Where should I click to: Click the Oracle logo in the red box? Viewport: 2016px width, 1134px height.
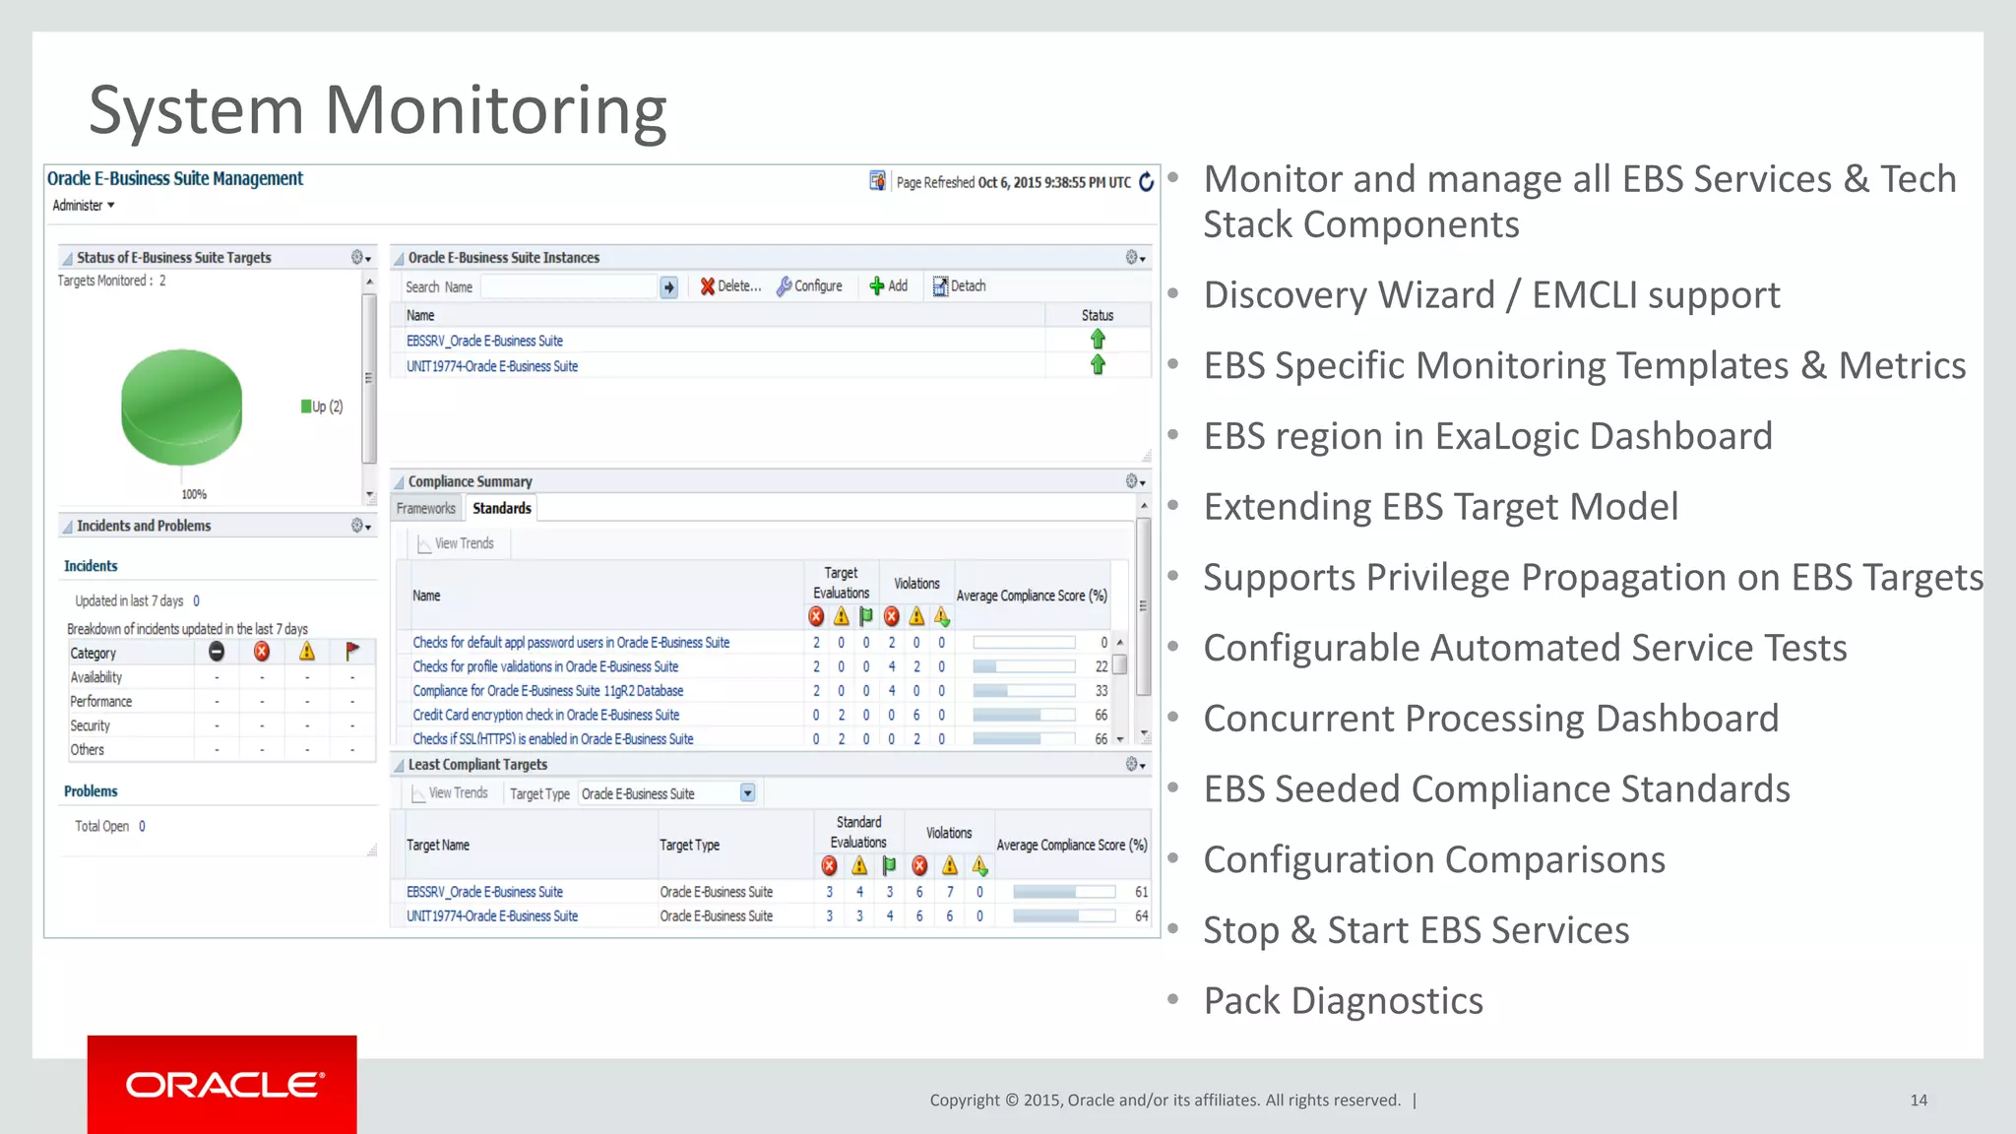pos(223,1085)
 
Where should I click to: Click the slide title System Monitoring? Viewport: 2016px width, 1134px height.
pos(378,110)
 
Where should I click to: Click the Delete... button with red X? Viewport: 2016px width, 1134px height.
pos(730,286)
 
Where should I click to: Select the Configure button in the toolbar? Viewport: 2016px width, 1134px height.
pos(809,286)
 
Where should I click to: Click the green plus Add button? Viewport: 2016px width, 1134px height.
pos(888,286)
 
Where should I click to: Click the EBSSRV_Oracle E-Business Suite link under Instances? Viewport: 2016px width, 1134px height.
pos(484,341)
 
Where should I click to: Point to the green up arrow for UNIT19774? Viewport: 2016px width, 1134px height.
pos(1098,365)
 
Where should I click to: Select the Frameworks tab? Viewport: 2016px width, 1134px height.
pos(426,509)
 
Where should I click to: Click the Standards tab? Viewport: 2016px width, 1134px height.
pos(501,509)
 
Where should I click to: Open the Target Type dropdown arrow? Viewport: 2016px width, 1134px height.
pos(747,793)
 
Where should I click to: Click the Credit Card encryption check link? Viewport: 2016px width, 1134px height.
pos(545,715)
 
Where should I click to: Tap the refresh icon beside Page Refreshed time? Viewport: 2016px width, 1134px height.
pos(1146,182)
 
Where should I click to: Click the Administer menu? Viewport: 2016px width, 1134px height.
pos(84,206)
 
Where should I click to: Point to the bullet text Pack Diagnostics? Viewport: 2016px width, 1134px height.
pos(1343,1001)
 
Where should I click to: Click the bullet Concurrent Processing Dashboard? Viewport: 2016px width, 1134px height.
pos(1490,719)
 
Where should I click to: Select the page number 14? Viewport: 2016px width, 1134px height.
pos(1918,1101)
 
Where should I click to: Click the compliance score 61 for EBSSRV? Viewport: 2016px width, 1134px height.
pos(1141,892)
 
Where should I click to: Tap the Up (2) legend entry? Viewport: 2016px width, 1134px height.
pos(323,407)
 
